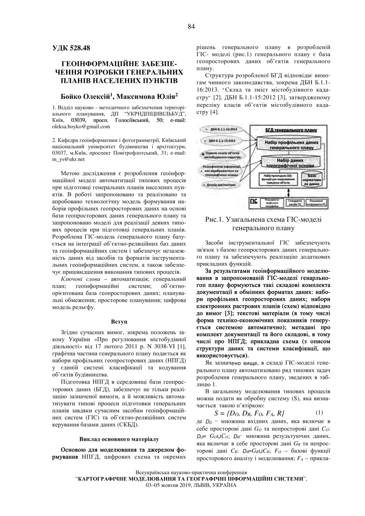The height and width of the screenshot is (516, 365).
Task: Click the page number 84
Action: (191, 26)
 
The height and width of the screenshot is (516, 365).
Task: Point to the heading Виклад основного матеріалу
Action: (119, 439)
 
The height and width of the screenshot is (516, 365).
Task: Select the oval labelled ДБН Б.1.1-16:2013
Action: (220, 130)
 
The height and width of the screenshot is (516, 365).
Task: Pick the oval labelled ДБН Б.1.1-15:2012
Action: (221, 141)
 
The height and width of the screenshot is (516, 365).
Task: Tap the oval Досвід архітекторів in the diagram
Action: (221, 184)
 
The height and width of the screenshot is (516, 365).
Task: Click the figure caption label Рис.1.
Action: (215, 219)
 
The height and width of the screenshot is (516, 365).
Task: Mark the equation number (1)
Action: (319, 413)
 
